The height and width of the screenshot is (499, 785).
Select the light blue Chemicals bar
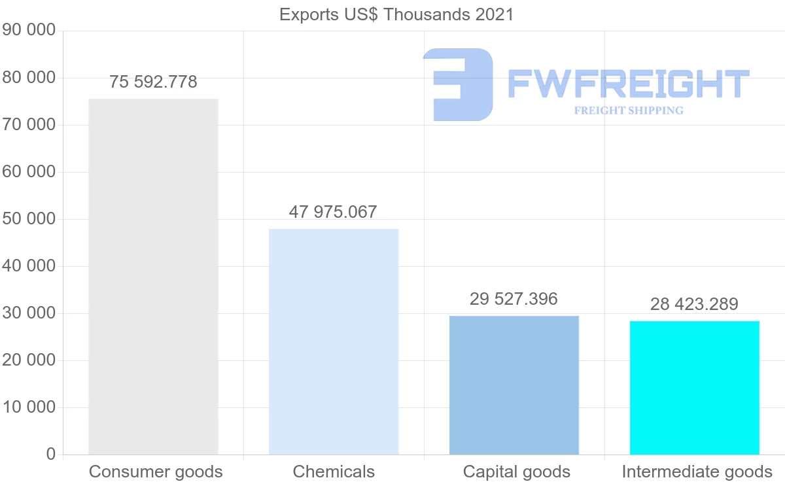point(334,341)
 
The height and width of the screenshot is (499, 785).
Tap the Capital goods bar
point(514,385)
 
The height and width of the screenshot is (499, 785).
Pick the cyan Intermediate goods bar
point(695,388)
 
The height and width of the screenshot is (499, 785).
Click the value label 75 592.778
point(153,82)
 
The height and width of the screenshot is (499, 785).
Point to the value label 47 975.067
point(333,212)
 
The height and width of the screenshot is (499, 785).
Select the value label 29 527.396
point(514,299)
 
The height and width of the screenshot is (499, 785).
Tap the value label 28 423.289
point(694,304)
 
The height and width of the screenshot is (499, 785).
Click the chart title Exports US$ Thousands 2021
point(396,14)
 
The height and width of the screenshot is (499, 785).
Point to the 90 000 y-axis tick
point(29,30)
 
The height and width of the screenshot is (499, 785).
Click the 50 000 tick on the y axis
point(29,219)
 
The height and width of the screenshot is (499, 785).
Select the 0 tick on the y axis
point(51,455)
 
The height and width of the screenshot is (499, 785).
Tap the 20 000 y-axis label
point(29,360)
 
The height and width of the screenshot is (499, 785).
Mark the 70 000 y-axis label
point(29,125)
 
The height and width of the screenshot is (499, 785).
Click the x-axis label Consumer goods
point(156,472)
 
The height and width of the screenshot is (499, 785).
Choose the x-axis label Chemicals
point(334,472)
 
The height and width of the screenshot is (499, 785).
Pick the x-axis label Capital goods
point(517,472)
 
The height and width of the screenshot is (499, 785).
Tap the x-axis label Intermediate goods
point(697,472)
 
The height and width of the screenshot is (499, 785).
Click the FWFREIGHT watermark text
point(628,84)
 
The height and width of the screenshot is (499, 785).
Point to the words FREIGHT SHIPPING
point(629,111)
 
